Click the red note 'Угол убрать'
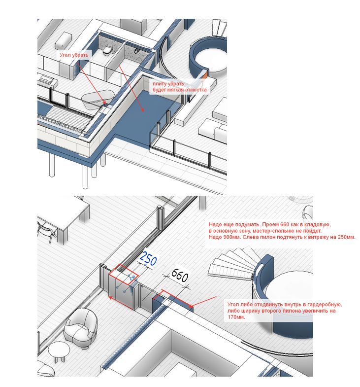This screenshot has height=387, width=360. (74, 55)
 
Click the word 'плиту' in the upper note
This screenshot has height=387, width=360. (160, 84)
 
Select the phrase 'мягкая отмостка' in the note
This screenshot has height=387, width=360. (190, 90)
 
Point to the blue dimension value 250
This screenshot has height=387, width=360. (148, 257)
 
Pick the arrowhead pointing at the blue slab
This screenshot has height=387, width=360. (143, 110)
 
